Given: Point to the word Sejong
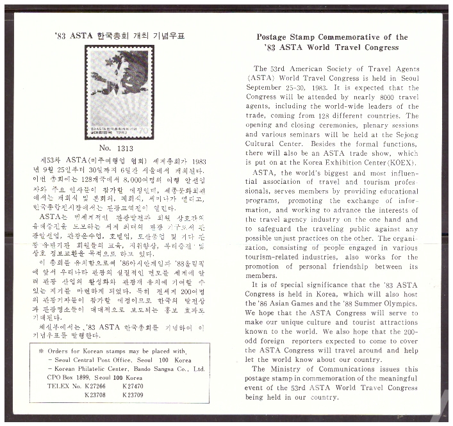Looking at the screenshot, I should pos(401,135).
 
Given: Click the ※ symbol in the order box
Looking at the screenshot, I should pos(41,351).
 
